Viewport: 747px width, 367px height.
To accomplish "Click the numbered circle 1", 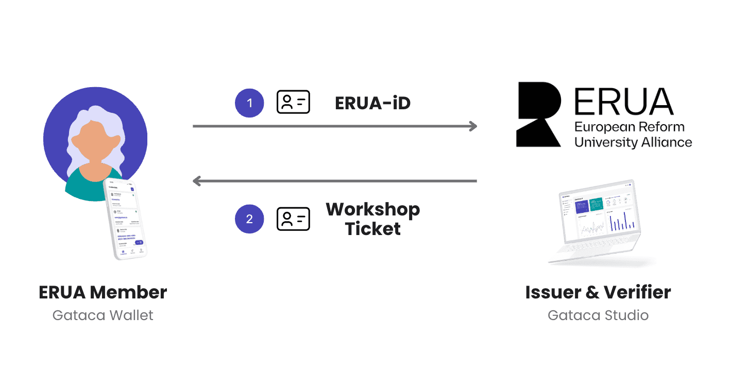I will pos(249,103).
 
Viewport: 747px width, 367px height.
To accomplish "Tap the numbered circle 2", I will pos(249,219).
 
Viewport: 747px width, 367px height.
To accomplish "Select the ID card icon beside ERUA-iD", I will pos(293,103).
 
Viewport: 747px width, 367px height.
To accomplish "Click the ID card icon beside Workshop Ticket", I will pos(293,219).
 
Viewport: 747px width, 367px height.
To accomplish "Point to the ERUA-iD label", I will pos(372,103).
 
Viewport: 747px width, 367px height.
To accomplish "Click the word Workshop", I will pos(372,210).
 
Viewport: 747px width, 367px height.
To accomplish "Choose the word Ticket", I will pos(372,228).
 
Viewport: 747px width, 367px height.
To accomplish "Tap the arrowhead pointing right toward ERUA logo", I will pos(472,126).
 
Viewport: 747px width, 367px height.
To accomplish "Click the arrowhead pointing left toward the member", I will pos(197,181).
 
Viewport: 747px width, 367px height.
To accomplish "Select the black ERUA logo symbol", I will pos(538,114).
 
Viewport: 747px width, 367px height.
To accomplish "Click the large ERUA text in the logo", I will pos(623,101).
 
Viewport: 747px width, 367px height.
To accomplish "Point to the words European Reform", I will pos(629,127).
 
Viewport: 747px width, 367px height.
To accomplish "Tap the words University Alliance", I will pos(633,142).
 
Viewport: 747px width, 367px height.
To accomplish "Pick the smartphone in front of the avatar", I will pos(125,219).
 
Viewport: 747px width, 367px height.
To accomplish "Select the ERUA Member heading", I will pos(103,292).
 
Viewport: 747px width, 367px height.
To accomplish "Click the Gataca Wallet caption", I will pos(103,315).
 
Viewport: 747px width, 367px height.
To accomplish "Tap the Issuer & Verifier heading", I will pos(598,292).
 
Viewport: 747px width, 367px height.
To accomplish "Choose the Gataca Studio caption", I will pos(598,315).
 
